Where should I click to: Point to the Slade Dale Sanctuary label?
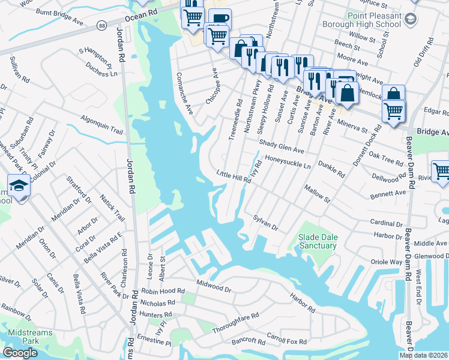[x=318, y=241]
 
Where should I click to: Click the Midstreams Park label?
[x=30, y=337]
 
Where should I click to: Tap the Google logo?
[x=20, y=353]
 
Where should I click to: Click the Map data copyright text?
[x=423, y=355]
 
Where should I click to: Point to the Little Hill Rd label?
[x=232, y=177]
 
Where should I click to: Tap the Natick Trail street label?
[x=112, y=206]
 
